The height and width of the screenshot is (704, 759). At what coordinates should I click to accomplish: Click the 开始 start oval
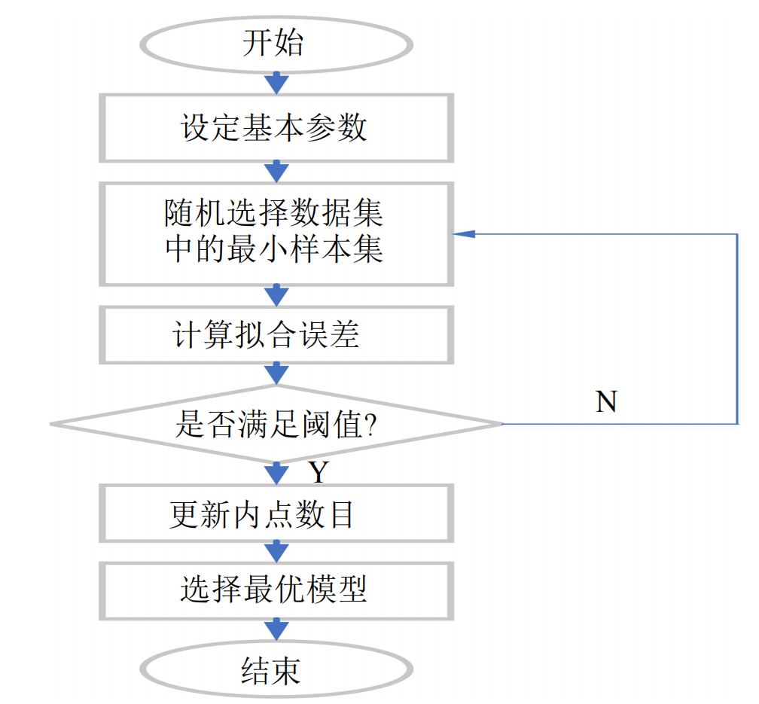(x=276, y=43)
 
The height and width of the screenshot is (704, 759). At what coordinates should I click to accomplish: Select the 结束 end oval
(x=276, y=669)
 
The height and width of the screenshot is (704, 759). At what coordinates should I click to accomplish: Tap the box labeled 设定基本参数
(x=276, y=128)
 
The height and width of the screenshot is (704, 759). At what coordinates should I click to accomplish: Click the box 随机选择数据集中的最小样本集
(x=276, y=233)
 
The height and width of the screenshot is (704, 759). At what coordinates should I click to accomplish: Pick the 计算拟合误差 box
(x=276, y=334)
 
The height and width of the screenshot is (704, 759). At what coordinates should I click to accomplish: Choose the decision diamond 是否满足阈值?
(x=276, y=424)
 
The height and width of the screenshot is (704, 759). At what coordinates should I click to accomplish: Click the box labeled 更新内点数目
(x=276, y=514)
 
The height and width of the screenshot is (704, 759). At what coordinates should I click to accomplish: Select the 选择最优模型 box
(x=276, y=590)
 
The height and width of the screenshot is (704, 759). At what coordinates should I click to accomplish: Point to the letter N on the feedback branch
(x=606, y=402)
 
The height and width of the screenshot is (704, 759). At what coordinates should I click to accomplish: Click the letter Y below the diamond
(x=319, y=473)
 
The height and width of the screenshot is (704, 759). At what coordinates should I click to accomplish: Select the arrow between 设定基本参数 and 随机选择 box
(x=277, y=172)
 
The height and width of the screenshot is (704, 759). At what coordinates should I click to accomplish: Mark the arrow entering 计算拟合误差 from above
(x=277, y=295)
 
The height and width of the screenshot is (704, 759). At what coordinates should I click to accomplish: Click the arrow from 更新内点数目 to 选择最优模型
(x=277, y=551)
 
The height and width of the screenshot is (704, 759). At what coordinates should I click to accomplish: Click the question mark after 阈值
(x=370, y=425)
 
